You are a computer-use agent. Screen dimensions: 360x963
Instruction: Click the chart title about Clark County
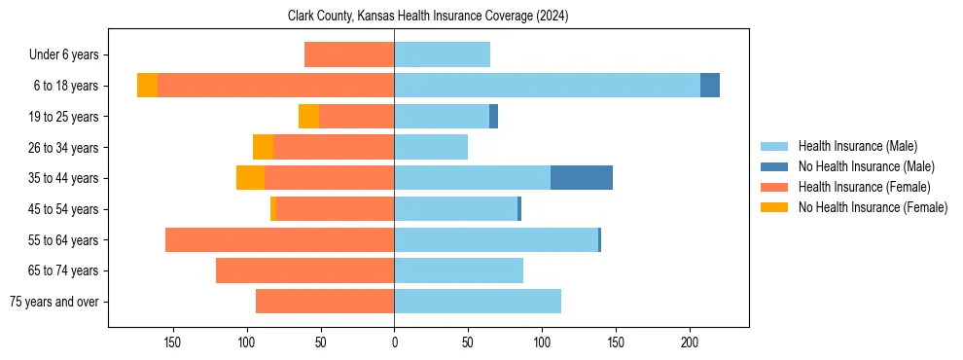click(x=428, y=17)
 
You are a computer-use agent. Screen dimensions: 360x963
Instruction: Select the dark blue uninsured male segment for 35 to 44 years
click(x=582, y=178)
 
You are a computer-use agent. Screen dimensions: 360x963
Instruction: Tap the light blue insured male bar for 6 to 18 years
click(x=547, y=86)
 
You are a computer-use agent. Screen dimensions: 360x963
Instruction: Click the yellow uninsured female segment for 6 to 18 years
click(x=147, y=86)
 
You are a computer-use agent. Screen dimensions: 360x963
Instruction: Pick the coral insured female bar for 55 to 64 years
click(x=279, y=240)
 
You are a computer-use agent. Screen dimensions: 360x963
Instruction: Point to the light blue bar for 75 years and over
click(x=478, y=302)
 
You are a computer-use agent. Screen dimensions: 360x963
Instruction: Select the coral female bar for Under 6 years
click(x=349, y=54)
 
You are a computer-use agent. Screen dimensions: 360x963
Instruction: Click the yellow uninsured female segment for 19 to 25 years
click(x=308, y=117)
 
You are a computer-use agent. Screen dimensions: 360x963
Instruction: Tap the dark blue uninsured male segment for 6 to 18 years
click(x=710, y=86)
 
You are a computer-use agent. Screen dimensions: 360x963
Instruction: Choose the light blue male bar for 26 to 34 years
click(x=431, y=147)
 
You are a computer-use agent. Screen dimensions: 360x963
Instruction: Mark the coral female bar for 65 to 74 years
click(x=304, y=270)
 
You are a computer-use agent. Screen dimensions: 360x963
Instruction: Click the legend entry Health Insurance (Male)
click(x=857, y=146)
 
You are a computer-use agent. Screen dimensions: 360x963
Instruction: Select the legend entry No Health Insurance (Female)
click(x=873, y=207)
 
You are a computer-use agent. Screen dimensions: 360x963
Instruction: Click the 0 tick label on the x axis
click(x=394, y=342)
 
